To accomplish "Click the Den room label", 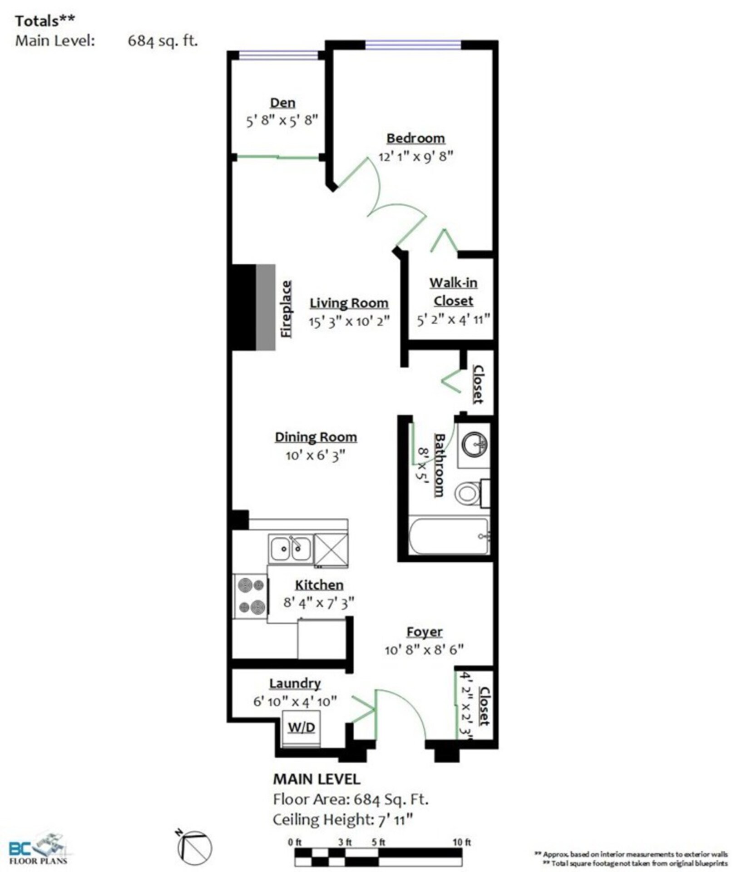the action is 282,103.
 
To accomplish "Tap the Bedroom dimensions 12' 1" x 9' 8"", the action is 416,156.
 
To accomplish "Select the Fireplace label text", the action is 286,309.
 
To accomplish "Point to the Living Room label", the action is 349,303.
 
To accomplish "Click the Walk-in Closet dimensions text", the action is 454,319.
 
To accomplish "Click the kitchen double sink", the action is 291,549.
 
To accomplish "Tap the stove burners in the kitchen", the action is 251,596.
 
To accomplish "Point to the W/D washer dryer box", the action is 302,728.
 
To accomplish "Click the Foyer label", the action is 424,632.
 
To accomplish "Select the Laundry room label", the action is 295,683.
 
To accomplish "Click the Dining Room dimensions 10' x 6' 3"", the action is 315,455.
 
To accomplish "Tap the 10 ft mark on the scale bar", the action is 462,842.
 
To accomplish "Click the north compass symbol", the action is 194,846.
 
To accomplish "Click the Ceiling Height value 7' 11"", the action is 395,820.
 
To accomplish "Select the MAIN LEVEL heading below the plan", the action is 317,779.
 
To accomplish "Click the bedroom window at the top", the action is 413,45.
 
